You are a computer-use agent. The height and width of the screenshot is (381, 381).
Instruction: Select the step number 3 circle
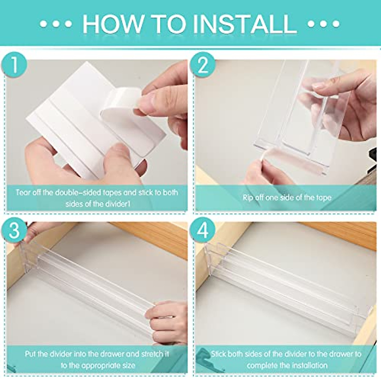(x=14, y=230)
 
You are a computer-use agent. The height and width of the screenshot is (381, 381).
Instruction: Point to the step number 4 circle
(x=203, y=230)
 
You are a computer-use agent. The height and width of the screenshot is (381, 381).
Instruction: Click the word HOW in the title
(x=113, y=24)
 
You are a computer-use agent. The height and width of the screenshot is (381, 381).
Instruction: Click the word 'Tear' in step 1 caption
(x=22, y=192)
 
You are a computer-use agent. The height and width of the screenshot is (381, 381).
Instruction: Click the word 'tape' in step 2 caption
(x=323, y=198)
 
